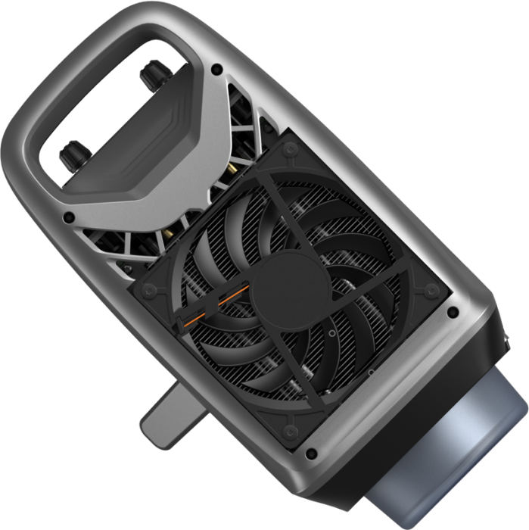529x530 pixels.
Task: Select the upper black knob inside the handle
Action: tap(149, 73)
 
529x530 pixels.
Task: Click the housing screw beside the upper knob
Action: tap(217, 69)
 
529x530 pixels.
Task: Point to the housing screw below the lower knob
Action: tap(69, 217)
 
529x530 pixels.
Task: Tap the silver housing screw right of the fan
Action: tap(453, 311)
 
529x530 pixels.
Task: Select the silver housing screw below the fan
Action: tap(310, 454)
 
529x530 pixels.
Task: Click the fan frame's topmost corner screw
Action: tap(288, 151)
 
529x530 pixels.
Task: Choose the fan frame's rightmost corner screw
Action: tap(431, 291)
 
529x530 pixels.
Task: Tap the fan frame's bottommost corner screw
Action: tap(291, 432)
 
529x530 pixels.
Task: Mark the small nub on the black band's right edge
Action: tap(506, 347)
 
